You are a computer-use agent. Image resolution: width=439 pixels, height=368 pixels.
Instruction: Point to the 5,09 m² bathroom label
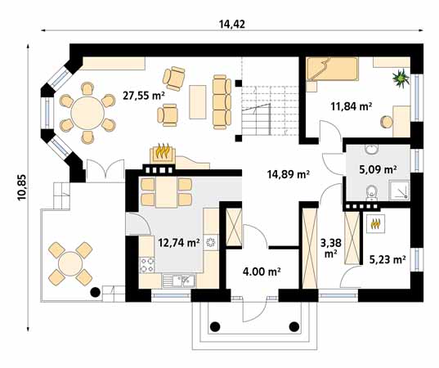click(379, 170)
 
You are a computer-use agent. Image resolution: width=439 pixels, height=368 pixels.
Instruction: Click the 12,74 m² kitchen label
click(179, 242)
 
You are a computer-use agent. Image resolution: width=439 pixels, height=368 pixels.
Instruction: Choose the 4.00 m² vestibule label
click(261, 272)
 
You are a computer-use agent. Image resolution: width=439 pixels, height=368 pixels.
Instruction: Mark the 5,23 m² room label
click(387, 259)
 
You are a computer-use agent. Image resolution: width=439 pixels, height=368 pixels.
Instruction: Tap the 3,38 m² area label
click(330, 247)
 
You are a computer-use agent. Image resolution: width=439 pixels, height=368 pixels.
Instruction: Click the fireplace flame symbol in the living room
click(164, 152)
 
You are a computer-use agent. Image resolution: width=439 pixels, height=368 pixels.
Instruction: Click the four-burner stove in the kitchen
click(148, 264)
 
